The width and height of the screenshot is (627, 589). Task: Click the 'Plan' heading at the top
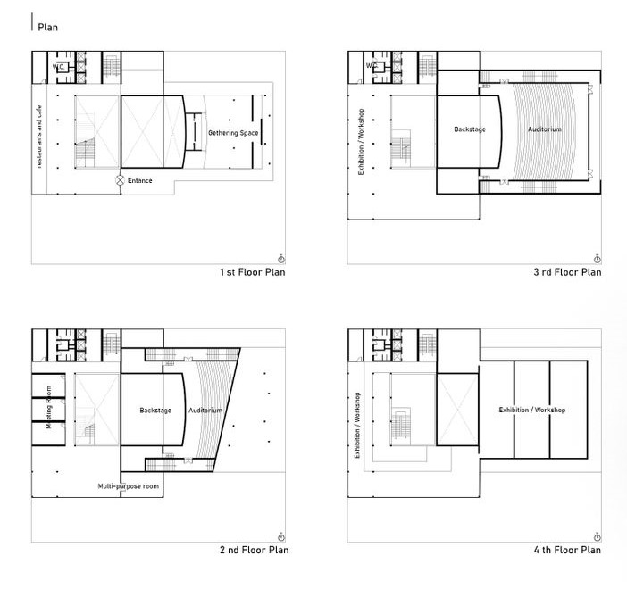48,26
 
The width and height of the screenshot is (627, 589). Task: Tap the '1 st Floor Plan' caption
252,272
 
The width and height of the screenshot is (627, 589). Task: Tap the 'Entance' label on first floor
139,181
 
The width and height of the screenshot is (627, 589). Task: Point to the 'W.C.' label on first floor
58,66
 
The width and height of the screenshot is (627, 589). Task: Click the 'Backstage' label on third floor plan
470,129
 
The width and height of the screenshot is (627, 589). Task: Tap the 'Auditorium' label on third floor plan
545,129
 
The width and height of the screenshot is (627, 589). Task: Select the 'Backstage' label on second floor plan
155,411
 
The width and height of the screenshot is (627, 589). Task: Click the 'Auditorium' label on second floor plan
205,411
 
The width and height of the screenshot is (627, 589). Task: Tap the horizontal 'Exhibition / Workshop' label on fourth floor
532,411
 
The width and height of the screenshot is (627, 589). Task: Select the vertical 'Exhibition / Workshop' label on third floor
361,142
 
